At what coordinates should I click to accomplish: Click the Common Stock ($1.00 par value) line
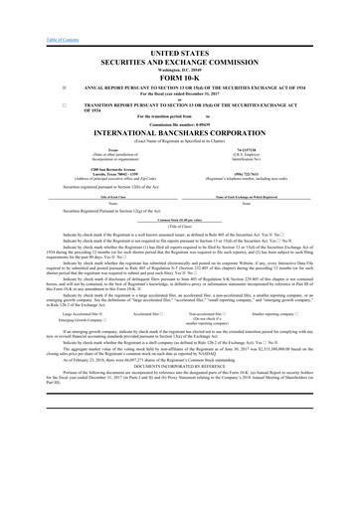180,219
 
